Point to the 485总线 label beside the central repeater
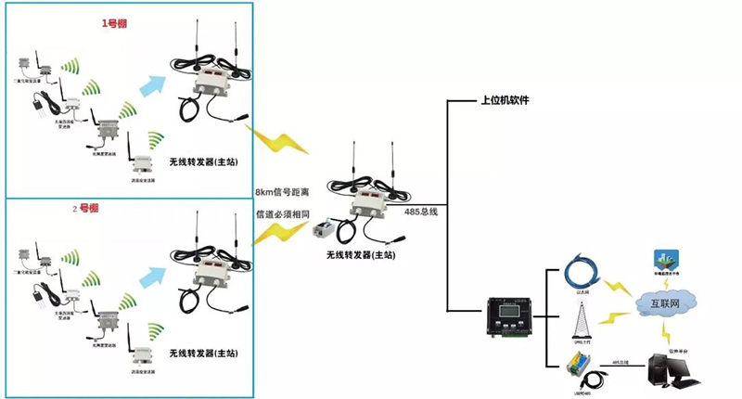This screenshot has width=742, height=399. pos(421,212)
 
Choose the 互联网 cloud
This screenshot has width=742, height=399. pos(665,303)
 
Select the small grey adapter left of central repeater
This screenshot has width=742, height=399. pos(326,230)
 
